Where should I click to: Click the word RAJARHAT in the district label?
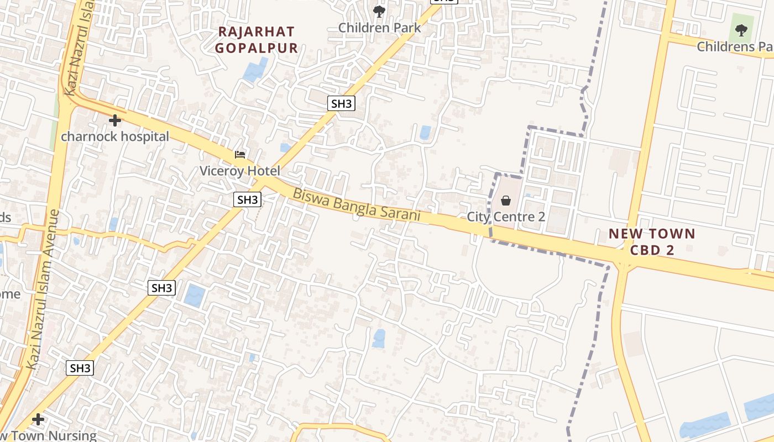click(x=257, y=31)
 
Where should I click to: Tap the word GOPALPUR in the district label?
click(x=257, y=48)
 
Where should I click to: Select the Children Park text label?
click(x=379, y=28)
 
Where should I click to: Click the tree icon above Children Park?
click(x=379, y=11)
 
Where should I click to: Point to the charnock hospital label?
click(x=115, y=136)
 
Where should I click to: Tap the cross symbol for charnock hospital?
click(x=115, y=120)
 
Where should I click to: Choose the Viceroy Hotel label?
click(x=240, y=171)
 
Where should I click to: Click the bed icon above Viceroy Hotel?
click(x=240, y=154)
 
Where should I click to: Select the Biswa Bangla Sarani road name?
click(x=357, y=205)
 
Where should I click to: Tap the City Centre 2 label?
click(x=506, y=217)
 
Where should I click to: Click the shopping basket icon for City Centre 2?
click(x=506, y=201)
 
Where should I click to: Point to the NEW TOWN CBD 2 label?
click(x=652, y=241)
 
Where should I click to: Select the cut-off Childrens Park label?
click(x=735, y=46)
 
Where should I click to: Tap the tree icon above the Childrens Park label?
click(x=741, y=30)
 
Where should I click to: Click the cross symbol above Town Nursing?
click(x=38, y=419)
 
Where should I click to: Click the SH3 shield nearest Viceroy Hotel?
click(x=247, y=199)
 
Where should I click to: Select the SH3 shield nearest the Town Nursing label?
click(x=80, y=368)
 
